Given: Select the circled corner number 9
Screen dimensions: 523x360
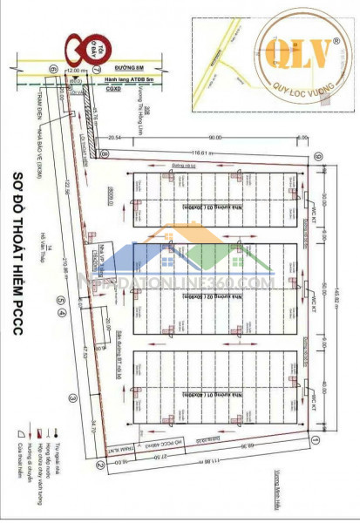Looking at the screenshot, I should click(319, 157).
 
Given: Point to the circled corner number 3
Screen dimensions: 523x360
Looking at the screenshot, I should click(75, 397).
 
